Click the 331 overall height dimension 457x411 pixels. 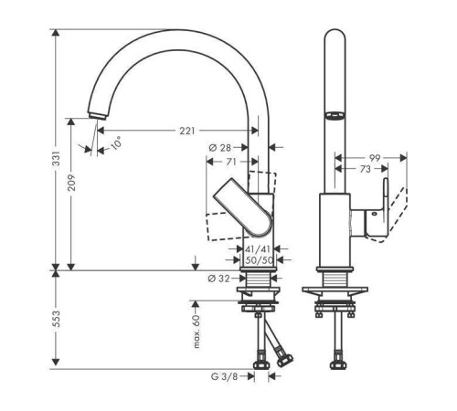pyautogui.click(x=56, y=158)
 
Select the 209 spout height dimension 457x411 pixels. pyautogui.click(x=71, y=183)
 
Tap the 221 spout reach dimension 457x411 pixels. pyautogui.click(x=186, y=131)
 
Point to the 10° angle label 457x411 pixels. pyautogui.click(x=116, y=143)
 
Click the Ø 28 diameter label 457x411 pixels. pyautogui.click(x=220, y=148)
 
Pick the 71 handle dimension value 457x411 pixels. pyautogui.click(x=231, y=162)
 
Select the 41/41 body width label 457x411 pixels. pyautogui.click(x=258, y=249)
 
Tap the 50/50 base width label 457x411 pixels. pyautogui.click(x=259, y=260)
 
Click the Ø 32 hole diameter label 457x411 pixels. pyautogui.click(x=218, y=279)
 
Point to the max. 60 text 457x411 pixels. pyautogui.click(x=197, y=332)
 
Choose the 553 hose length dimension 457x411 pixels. pyautogui.click(x=56, y=319)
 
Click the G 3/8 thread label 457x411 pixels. pyautogui.click(x=224, y=376)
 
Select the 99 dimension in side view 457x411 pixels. pyautogui.click(x=375, y=158)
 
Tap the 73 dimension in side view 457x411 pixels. pyautogui.click(x=365, y=169)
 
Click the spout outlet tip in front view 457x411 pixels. pyautogui.click(x=97, y=116)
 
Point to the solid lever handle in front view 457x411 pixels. pyautogui.click(x=243, y=207)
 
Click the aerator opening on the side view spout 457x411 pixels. pyautogui.click(x=335, y=115)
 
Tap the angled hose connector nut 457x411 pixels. pyautogui.click(x=285, y=360)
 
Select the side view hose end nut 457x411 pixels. pyautogui.click(x=338, y=364)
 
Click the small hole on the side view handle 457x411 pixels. pyautogui.click(x=374, y=214)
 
